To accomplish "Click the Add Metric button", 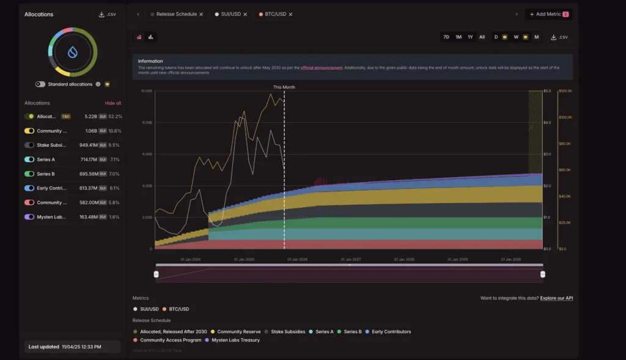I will point(548,14).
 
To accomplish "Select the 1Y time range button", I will point(470,37).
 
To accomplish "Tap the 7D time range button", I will point(446,37).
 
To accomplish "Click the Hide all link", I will point(113,103).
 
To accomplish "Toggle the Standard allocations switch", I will point(40,84).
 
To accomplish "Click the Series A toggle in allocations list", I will point(29,160).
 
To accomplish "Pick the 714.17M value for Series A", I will point(86,160).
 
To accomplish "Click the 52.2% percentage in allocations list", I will point(115,116).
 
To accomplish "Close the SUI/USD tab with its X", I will point(245,14).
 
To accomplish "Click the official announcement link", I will point(321,67).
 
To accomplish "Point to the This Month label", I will point(284,87).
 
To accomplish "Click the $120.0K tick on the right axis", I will point(565,91).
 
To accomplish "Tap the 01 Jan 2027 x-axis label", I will point(351,259).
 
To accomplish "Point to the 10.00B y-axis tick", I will point(146,91).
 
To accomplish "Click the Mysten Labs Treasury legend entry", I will point(235,340).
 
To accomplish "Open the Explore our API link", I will point(556,298).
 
